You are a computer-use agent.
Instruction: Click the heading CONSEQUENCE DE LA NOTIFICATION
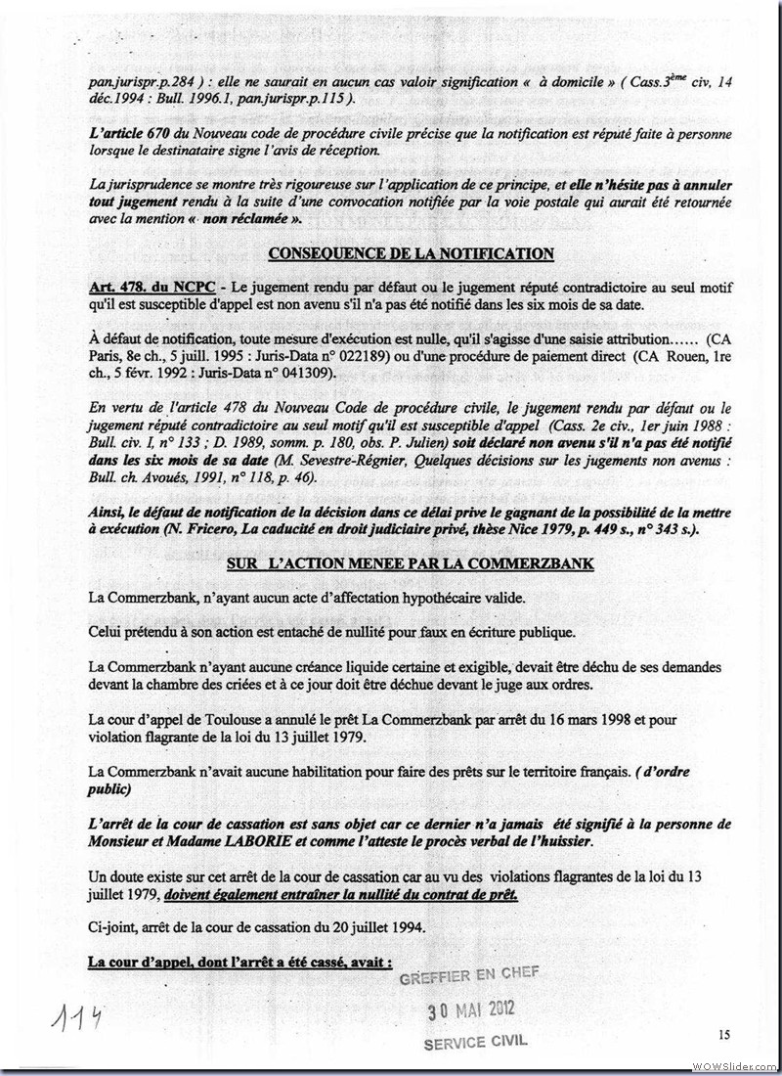coord(411,254)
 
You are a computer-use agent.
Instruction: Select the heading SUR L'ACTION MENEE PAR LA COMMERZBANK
coord(410,564)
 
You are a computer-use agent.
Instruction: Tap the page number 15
coord(723,1034)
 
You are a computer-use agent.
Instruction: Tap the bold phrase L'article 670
coord(125,132)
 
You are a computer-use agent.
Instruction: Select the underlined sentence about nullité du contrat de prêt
coord(342,895)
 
